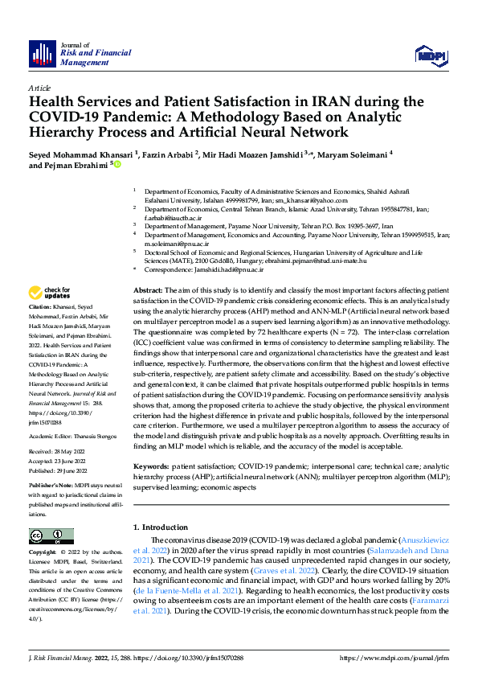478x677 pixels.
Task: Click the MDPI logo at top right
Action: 428,54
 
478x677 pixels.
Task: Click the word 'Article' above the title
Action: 39,88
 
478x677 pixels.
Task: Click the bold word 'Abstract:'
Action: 149,289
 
